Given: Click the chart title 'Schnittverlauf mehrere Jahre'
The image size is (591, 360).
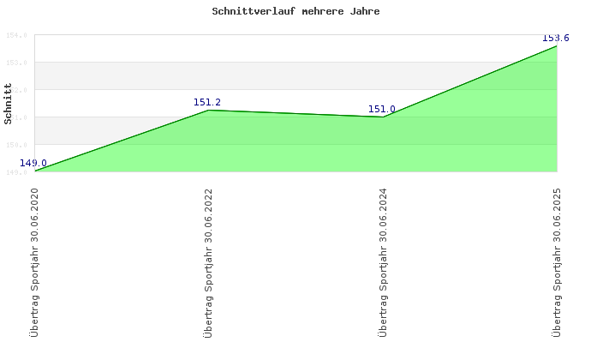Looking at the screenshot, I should (x=295, y=12).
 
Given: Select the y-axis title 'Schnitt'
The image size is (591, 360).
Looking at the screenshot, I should (x=9, y=104).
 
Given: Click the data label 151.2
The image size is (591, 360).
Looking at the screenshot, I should (x=207, y=103).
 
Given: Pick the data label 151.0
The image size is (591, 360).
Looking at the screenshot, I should (x=382, y=109).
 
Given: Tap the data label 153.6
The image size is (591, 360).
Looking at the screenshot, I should (x=556, y=39).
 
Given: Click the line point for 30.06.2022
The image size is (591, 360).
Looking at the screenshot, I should (x=209, y=111).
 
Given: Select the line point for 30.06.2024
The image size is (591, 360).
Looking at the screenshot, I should (x=383, y=117).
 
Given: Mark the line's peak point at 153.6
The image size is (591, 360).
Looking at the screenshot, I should (x=557, y=45).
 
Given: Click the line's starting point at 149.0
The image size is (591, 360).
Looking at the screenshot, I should (x=35, y=171).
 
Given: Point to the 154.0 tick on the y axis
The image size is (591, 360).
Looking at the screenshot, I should (x=17, y=35).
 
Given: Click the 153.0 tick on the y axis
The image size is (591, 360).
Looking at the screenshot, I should (x=17, y=63).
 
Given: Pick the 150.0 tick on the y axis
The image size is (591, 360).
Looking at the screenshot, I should (x=17, y=145).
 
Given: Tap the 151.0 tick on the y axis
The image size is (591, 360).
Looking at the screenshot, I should (x=17, y=117).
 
